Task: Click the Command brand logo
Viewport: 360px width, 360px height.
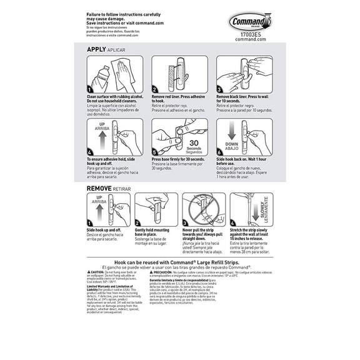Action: pyautogui.click(x=251, y=23)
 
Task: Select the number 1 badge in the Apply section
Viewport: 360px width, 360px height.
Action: pyautogui.click(x=91, y=89)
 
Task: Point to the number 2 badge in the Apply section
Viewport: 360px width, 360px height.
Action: pyautogui.click(x=156, y=89)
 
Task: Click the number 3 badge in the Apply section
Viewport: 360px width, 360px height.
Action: pyautogui.click(x=220, y=89)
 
